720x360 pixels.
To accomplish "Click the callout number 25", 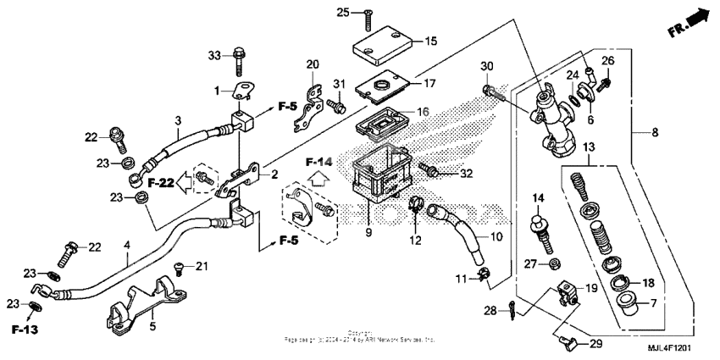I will [x=343, y=12].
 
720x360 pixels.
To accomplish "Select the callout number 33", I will [x=214, y=55].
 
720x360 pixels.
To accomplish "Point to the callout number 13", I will [x=589, y=147].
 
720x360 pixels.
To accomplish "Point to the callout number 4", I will [x=125, y=246].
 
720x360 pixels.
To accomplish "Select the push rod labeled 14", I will [x=539, y=230].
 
